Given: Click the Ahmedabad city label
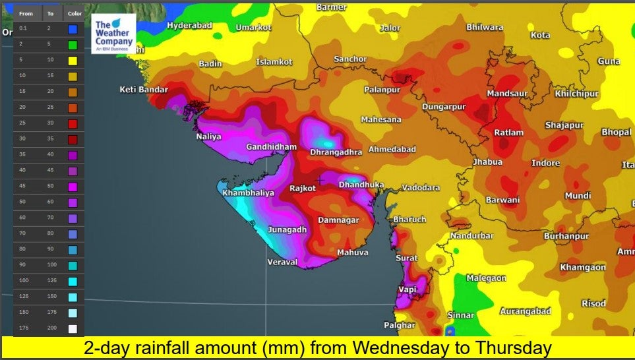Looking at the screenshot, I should tap(392, 150).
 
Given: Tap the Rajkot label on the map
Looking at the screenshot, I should tap(303, 189).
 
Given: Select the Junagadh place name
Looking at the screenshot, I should tap(287, 229).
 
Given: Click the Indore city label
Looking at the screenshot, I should tap(545, 163).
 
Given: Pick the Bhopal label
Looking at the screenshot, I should tap(616, 133).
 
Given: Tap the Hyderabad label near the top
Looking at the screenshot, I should tap(189, 26).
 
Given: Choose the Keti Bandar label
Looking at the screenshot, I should tap(143, 90).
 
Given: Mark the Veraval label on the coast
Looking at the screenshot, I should tap(282, 262).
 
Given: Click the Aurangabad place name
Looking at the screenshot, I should tap(525, 311).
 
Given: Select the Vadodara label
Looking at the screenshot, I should tap(421, 188).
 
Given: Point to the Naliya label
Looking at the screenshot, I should tap(208, 137).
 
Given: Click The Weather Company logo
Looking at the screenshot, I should tap(113, 34).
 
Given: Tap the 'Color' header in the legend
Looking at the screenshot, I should tap(75, 14).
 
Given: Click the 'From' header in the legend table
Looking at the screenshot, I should tap(26, 14).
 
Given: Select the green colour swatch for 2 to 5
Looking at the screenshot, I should tap(72, 45).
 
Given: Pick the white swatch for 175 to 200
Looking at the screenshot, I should tap(72, 328).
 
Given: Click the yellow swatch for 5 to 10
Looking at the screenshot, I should tap(72, 61).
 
